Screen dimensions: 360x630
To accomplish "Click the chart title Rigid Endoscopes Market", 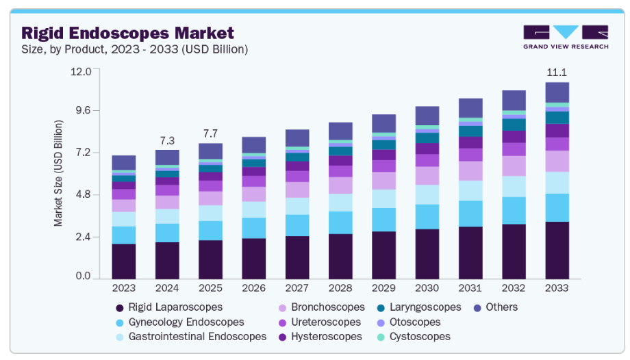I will point(127,32).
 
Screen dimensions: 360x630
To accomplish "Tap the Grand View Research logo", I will point(565,37).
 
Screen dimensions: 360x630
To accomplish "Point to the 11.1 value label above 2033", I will point(557,72).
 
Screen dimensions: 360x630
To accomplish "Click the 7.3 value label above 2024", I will point(167,140).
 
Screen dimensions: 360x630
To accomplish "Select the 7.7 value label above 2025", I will point(210,133).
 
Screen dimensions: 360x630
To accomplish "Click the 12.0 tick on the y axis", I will point(81,71).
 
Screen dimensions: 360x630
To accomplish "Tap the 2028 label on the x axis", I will point(340,289).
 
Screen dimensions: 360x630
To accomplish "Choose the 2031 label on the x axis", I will point(470,289).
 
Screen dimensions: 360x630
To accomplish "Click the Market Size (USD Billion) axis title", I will point(59,173).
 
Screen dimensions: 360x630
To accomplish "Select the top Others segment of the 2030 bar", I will point(427,116).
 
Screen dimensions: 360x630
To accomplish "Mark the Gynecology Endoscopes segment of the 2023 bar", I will point(124,235).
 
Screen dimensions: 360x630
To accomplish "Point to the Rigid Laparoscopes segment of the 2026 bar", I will point(253,258).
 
